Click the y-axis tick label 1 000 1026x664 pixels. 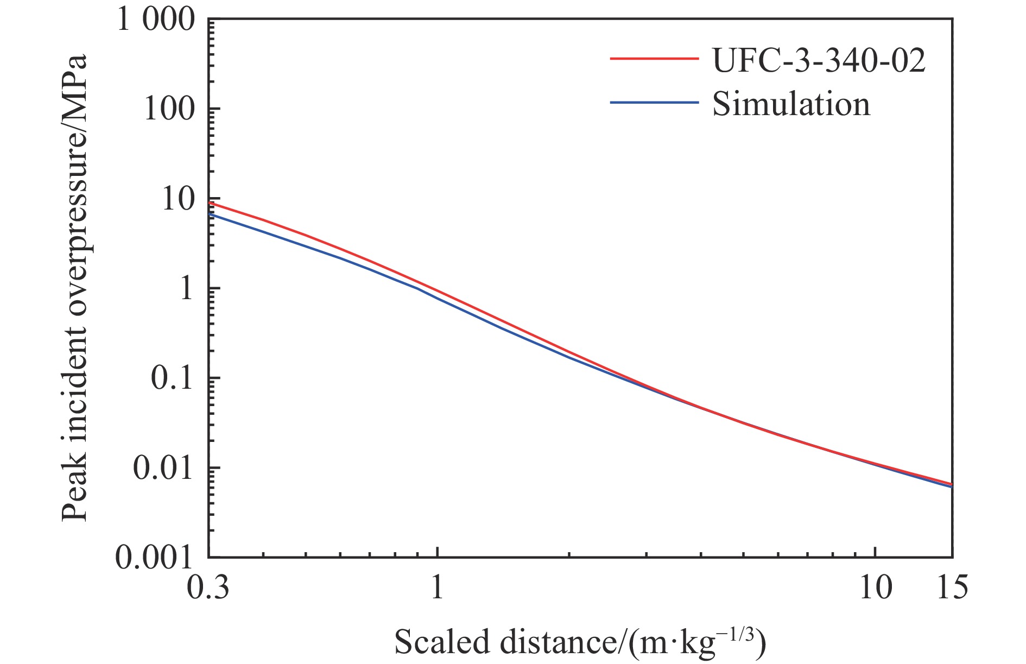[156, 21]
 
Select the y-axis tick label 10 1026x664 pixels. [177, 199]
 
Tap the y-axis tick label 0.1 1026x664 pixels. [172, 378]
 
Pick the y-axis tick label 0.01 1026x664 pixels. [163, 468]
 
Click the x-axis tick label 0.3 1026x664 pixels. [208, 587]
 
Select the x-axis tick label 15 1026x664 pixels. [953, 587]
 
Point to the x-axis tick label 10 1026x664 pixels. [876, 587]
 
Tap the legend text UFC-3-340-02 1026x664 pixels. [819, 61]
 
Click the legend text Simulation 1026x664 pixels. [791, 104]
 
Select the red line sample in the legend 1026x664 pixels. [654, 59]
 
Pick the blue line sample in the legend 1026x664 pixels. [654, 102]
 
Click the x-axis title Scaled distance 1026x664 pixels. [580, 642]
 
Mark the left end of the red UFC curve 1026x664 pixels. [210, 203]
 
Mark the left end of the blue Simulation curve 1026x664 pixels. [210, 214]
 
